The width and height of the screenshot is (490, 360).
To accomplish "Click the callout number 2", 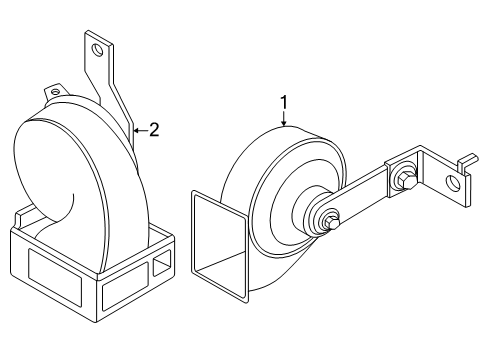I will (153, 128).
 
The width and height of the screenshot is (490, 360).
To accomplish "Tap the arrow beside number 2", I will (139, 129).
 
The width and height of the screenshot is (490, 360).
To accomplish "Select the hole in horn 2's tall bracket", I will (97, 48).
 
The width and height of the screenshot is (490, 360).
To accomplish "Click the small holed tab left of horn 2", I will (48, 92).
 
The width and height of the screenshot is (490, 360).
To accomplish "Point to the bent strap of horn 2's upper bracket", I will (118, 100).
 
